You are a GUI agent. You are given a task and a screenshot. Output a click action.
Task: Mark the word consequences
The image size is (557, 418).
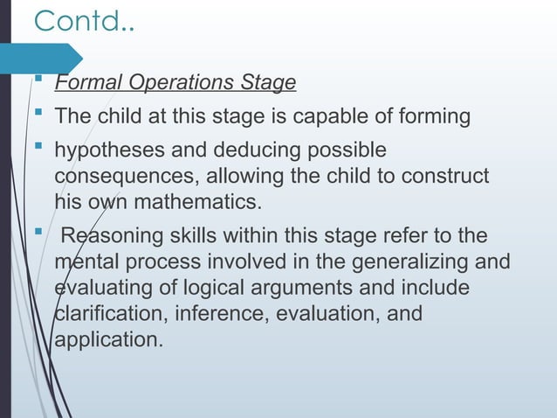pyautogui.click(x=117, y=177)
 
